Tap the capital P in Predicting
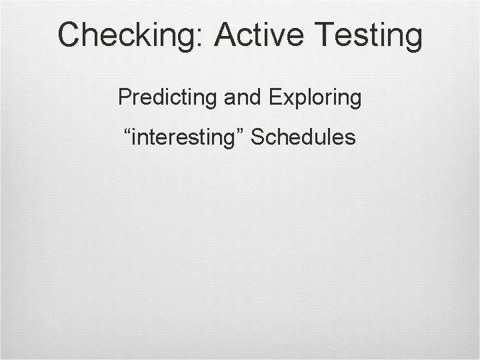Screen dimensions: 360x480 [x=124, y=97]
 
